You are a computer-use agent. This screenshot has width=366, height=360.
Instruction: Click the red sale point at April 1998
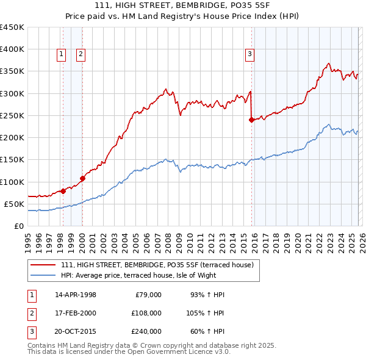point(63,191)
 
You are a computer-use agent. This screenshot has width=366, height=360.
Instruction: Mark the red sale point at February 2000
point(82,178)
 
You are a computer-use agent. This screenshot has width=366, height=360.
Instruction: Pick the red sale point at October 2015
point(251,120)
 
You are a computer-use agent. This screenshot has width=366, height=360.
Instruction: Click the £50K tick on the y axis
point(15,204)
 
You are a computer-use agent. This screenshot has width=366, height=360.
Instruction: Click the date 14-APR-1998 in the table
point(76,295)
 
